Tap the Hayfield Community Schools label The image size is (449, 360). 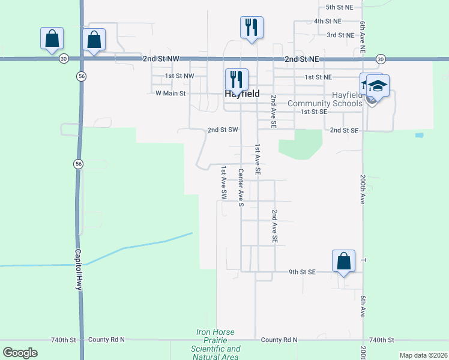pos(325,99)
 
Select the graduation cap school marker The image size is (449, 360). pos(378,85)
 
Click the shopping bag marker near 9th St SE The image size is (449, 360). pos(343,261)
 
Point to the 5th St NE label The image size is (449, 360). pos(344,7)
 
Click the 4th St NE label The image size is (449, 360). pos(328,21)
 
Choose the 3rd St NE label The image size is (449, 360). pos(340,35)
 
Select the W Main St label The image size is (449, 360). pos(170,93)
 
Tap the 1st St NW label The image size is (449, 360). pos(179,76)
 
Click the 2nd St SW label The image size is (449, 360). pos(223,130)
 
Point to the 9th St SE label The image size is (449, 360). pos(302,272)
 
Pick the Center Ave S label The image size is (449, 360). pos(240,188)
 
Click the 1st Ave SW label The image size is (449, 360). pos(223,182)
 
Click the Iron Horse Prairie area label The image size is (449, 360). pos(215,344)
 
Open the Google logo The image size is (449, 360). pos(20,352)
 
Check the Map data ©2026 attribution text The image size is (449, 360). pos(423,355)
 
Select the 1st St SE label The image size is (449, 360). pos(314,112)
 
